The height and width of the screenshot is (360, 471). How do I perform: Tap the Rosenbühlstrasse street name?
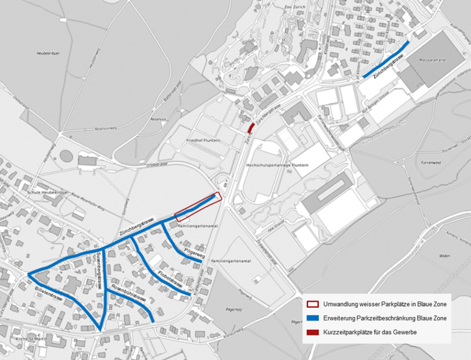[126, 293]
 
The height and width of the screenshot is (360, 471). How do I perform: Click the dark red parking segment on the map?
[251, 128]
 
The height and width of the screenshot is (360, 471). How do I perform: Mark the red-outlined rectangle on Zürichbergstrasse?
[198, 206]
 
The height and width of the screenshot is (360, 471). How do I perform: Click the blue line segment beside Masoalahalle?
[386, 59]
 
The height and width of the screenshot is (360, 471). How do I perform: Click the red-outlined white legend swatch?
[313, 305]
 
